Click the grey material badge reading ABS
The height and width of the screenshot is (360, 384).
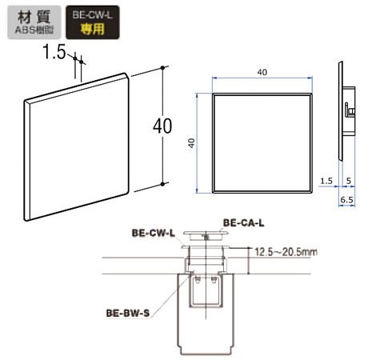point(34,22)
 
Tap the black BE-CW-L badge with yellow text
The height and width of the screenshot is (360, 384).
point(93,22)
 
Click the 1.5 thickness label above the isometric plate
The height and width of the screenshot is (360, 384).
point(54,51)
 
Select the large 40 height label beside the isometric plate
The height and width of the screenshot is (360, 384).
point(162,126)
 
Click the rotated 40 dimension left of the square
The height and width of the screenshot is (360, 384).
point(191,142)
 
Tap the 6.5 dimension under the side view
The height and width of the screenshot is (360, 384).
point(346,200)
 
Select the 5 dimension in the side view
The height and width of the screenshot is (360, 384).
point(349,181)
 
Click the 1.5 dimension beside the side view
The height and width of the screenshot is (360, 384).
point(326,181)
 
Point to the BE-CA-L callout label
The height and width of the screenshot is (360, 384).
point(243,222)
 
